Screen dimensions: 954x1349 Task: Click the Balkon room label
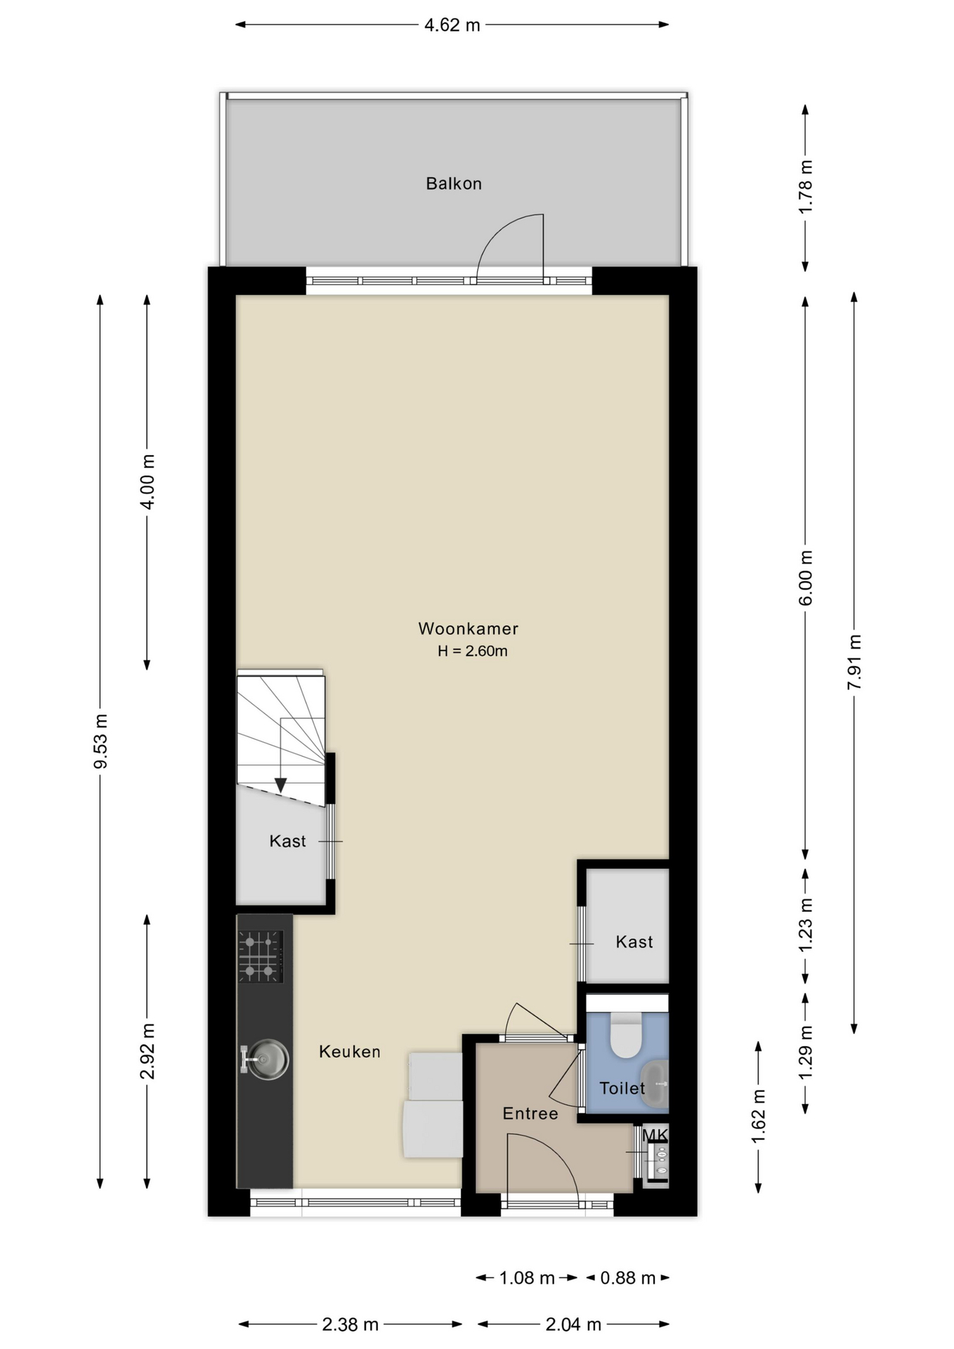pyautogui.click(x=454, y=184)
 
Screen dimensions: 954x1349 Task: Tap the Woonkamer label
pyautogui.click(x=469, y=629)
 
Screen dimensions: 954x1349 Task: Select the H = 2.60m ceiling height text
pyautogui.click(x=472, y=651)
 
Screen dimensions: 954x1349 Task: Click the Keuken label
pyautogui.click(x=350, y=1052)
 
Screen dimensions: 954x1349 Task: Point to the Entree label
pyautogui.click(x=530, y=1114)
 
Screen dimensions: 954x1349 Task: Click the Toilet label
pyautogui.click(x=622, y=1088)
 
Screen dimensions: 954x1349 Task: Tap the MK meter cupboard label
pyautogui.click(x=655, y=1135)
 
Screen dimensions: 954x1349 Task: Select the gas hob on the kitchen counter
pyautogui.click(x=261, y=957)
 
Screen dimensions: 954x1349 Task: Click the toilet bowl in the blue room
pyautogui.click(x=625, y=1035)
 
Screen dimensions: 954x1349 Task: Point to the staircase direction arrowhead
pyautogui.click(x=280, y=785)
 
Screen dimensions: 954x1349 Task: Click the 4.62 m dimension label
pyautogui.click(x=452, y=25)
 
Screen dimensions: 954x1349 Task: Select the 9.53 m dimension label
pyautogui.click(x=101, y=741)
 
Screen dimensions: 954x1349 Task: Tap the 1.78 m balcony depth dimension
pyautogui.click(x=806, y=187)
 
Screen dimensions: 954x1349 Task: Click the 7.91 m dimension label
pyautogui.click(x=855, y=663)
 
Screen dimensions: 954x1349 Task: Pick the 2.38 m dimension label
pyautogui.click(x=350, y=1325)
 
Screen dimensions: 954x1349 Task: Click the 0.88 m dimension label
pyautogui.click(x=627, y=1278)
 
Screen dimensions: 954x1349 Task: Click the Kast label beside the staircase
pyautogui.click(x=287, y=841)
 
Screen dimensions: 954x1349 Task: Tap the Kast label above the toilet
pyautogui.click(x=634, y=942)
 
